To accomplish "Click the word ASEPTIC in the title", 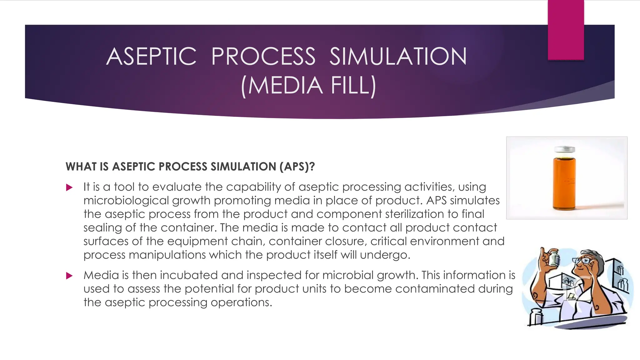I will (x=151, y=57).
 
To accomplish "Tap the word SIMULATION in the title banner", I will (x=398, y=57).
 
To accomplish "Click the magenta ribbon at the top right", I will (x=566, y=30).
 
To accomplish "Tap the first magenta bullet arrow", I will (x=69, y=187).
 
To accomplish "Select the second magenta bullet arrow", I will (x=69, y=276).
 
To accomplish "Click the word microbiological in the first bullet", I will (x=126, y=201).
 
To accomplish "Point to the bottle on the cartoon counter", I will (x=536, y=317).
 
